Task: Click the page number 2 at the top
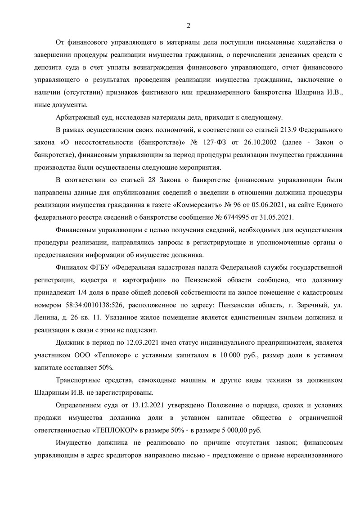[189, 25]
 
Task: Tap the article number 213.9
[275, 130]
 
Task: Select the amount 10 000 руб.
[234, 355]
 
